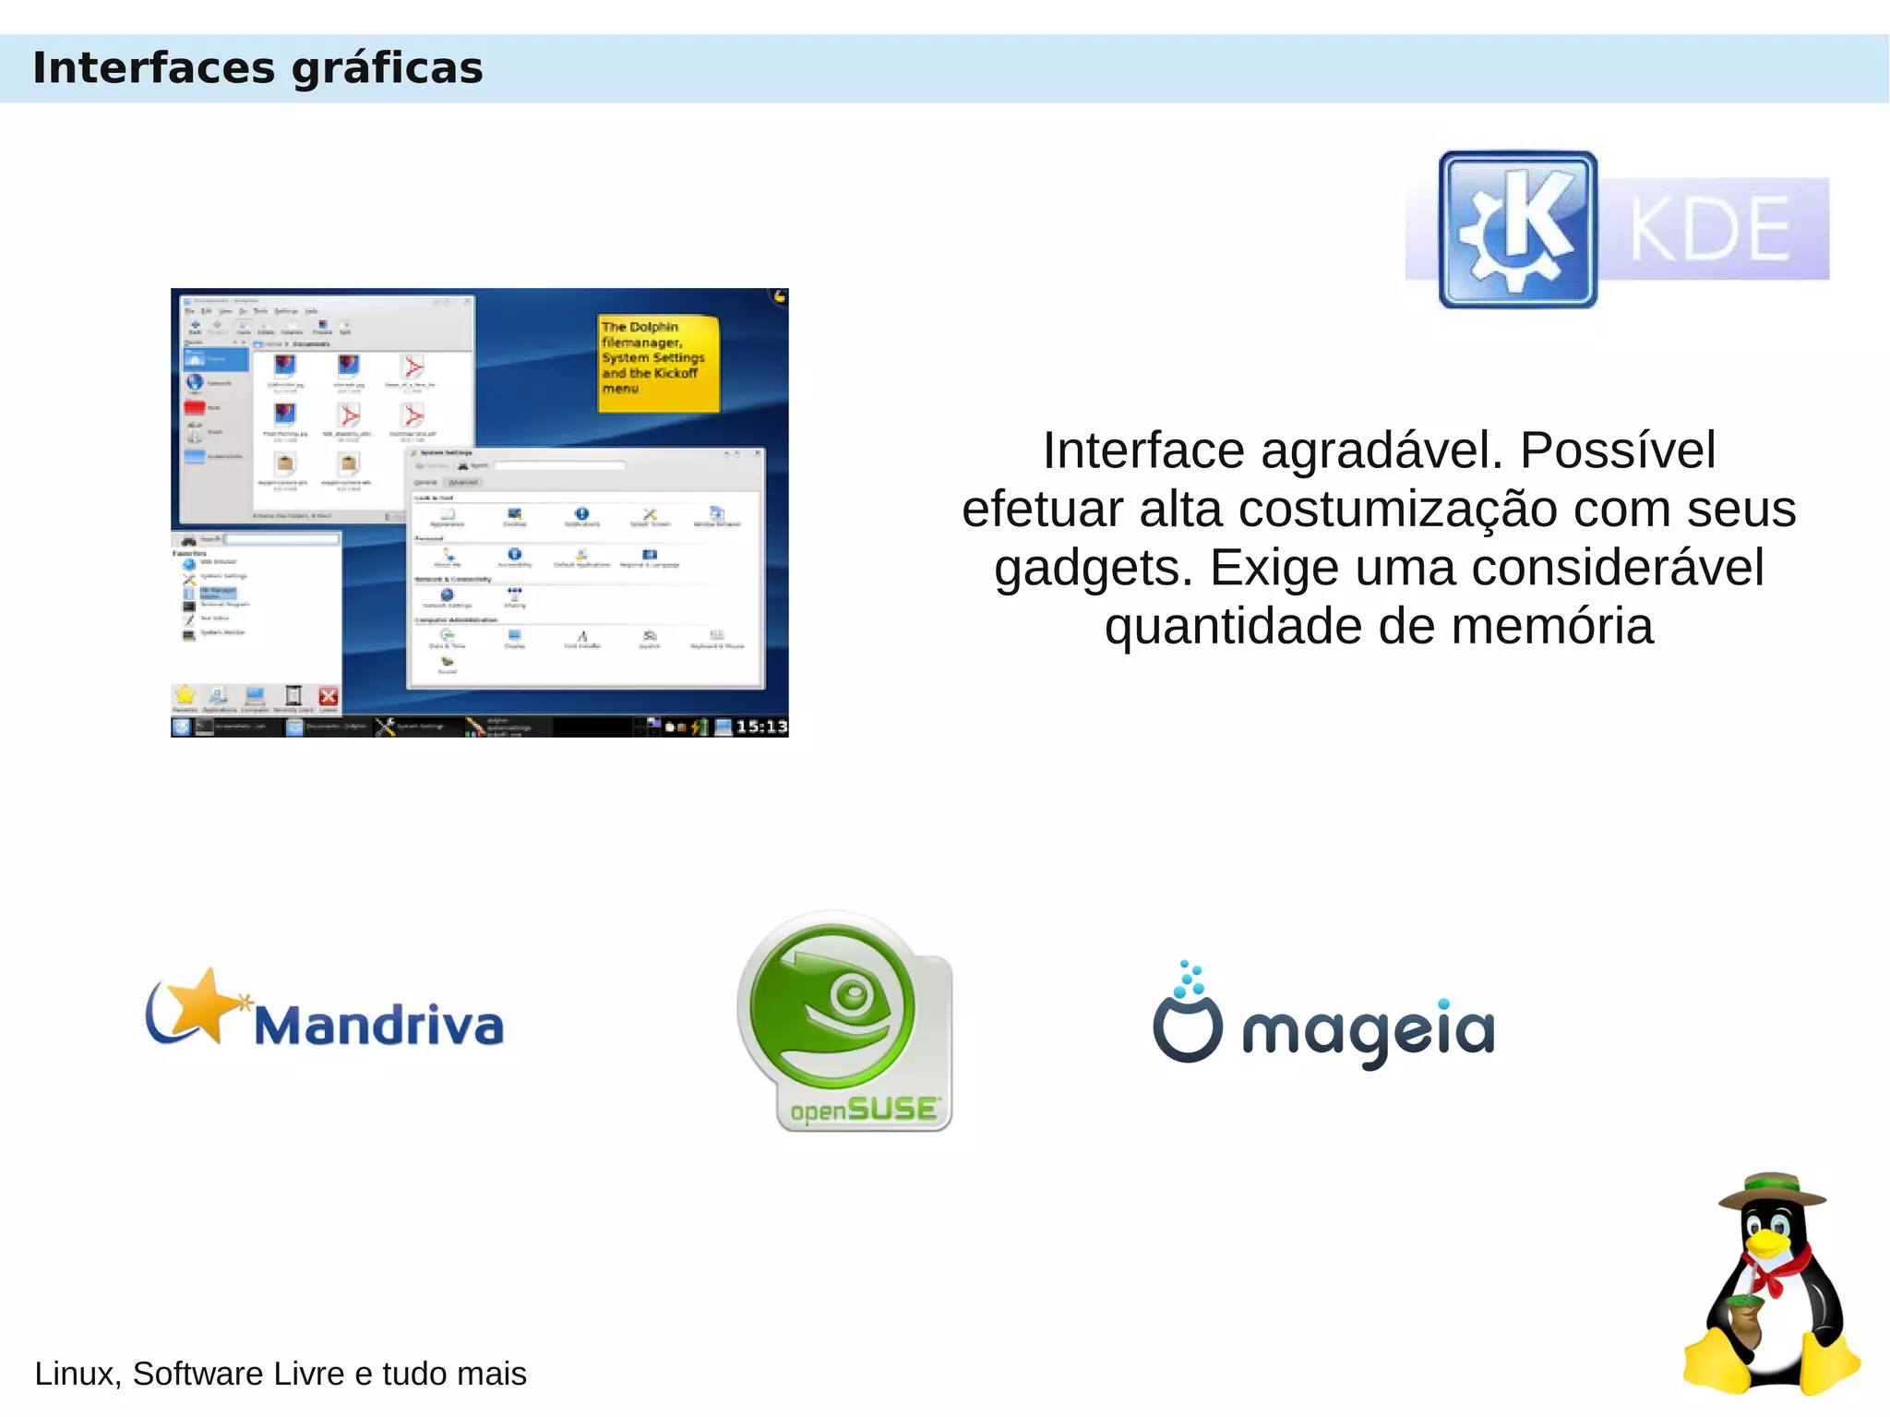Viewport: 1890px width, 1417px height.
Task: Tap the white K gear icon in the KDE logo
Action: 1517,230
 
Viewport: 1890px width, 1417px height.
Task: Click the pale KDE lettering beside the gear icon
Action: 1710,230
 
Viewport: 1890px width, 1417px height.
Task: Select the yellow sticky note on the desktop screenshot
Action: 658,362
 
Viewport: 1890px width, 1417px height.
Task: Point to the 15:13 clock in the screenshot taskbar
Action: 761,727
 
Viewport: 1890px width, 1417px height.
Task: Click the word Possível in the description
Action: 1618,450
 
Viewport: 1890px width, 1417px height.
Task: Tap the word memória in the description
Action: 1552,627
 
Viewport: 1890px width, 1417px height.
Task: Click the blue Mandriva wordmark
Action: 378,1026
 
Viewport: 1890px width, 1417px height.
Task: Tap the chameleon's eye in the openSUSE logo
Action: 851,994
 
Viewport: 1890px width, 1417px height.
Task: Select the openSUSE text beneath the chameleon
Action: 865,1109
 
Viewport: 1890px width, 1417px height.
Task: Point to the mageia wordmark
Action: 1368,1032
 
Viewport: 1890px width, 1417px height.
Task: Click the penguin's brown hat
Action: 1772,1192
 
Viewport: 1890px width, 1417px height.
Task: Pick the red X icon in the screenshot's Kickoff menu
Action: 328,697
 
